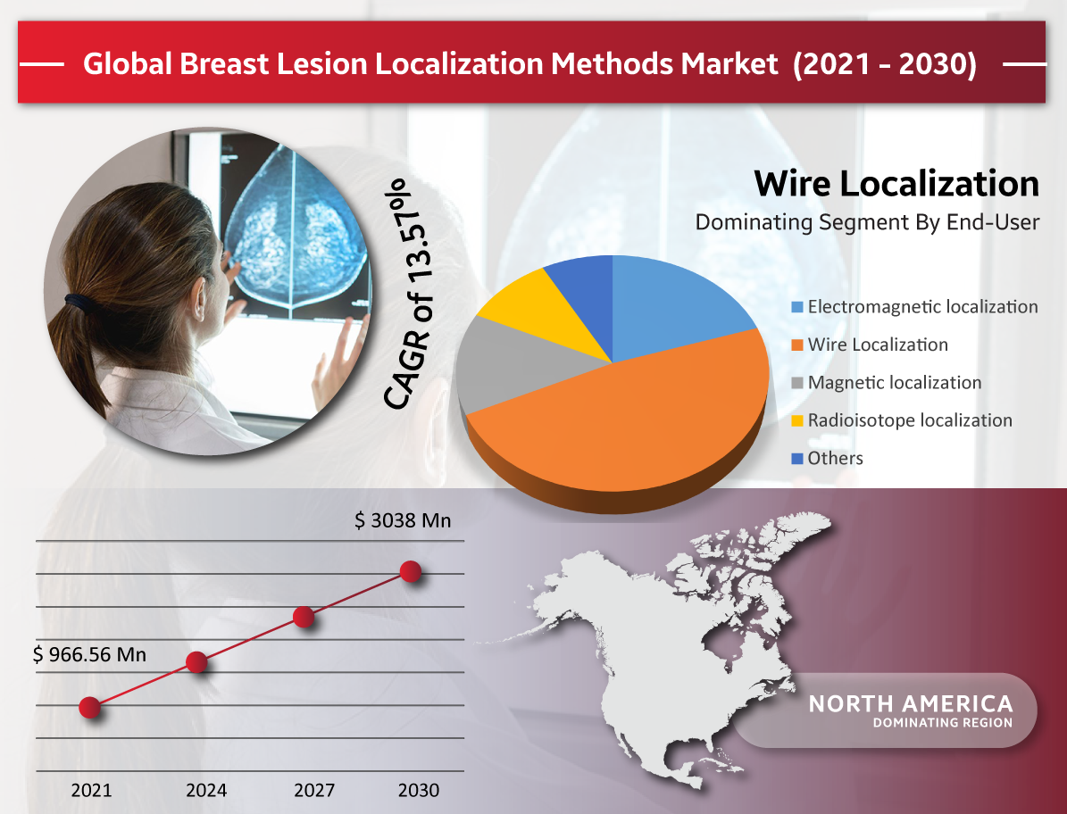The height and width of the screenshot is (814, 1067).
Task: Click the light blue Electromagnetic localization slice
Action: pos(673,306)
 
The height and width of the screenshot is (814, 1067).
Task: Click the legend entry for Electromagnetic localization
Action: pos(914,307)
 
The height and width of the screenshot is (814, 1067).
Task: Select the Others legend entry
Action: pos(827,459)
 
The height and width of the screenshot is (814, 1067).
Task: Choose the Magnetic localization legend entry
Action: pos(886,383)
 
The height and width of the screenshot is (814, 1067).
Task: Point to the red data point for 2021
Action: pos(90,707)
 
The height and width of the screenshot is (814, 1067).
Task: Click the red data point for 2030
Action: pos(411,571)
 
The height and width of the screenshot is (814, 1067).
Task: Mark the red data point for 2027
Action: pos(304,617)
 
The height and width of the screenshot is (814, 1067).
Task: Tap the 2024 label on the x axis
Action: pos(206,790)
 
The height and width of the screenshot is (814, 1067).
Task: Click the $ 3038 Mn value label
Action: pos(402,521)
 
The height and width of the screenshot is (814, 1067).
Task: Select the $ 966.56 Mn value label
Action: pos(89,654)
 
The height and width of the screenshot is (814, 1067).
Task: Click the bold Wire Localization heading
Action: pos(896,184)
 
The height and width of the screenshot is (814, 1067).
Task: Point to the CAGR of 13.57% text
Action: pos(408,295)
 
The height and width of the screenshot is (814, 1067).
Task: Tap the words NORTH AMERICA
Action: pos(911,703)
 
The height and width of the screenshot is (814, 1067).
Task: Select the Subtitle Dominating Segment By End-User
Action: pos(867,222)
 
